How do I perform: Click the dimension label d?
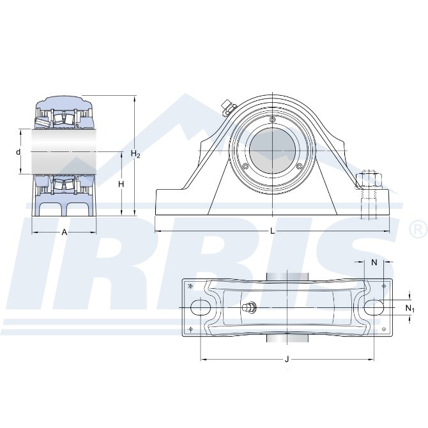click(19, 152)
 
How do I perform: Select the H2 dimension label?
click(135, 154)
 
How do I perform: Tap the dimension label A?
click(64, 233)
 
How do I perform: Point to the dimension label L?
click(272, 231)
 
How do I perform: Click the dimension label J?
click(287, 360)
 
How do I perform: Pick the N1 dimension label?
click(409, 309)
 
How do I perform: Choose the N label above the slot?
click(374, 263)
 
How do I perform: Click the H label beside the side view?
click(121, 184)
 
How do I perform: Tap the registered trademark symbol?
click(418, 229)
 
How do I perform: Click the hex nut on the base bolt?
click(369, 179)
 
